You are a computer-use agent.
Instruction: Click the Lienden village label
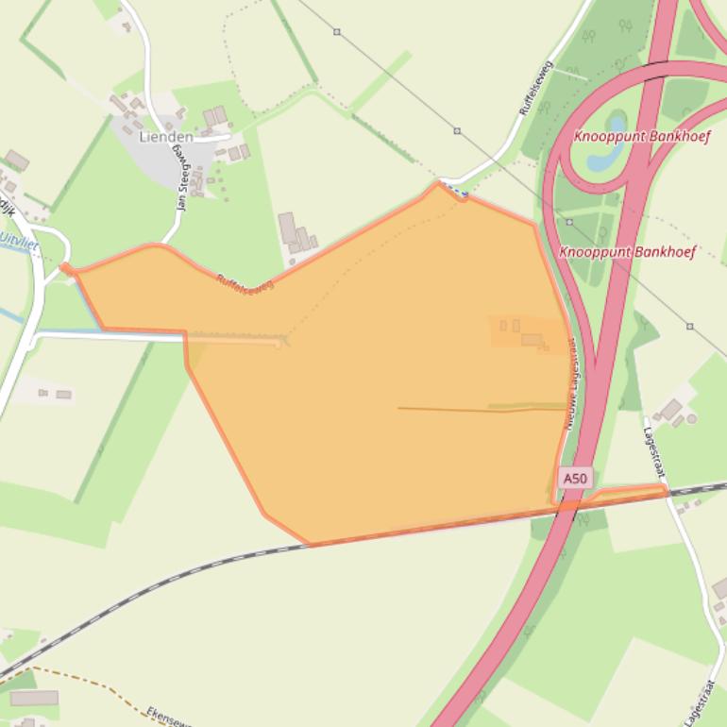(166, 137)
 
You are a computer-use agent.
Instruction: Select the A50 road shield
(574, 479)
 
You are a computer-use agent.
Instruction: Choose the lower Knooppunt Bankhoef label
(627, 252)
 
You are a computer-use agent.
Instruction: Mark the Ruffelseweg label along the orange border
(245, 283)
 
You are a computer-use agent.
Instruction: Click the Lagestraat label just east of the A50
(653, 443)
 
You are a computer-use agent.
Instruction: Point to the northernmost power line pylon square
(337, 32)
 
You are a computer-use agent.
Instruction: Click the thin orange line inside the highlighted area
(482, 410)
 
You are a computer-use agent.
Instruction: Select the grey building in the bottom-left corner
(34, 698)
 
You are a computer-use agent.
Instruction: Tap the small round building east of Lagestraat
(691, 418)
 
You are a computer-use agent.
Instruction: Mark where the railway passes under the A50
(566, 506)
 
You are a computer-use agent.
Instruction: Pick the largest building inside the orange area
(532, 339)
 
